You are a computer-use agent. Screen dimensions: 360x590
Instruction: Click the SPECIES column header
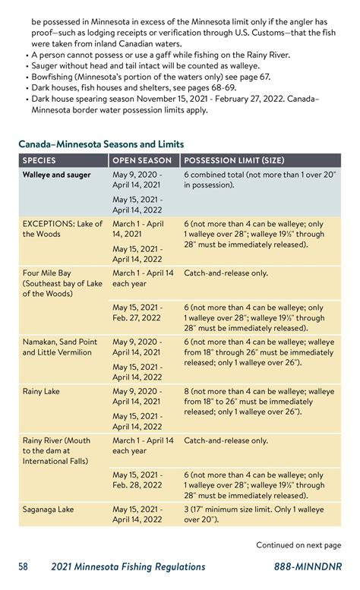[50, 161]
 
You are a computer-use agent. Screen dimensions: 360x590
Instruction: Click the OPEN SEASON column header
[143, 161]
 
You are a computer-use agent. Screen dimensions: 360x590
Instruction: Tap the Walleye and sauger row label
[56, 175]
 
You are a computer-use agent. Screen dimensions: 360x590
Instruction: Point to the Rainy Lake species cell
[42, 392]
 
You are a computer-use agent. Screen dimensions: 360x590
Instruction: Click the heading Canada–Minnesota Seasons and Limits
[101, 144]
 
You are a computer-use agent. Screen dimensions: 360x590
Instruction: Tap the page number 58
[24, 566]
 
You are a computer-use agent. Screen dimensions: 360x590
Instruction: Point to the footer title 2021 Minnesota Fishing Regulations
[128, 566]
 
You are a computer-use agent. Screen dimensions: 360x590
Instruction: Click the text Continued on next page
[298, 544]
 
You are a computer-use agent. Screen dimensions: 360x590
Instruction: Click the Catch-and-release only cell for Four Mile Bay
[226, 273]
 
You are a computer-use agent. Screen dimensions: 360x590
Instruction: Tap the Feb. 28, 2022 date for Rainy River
[137, 484]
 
